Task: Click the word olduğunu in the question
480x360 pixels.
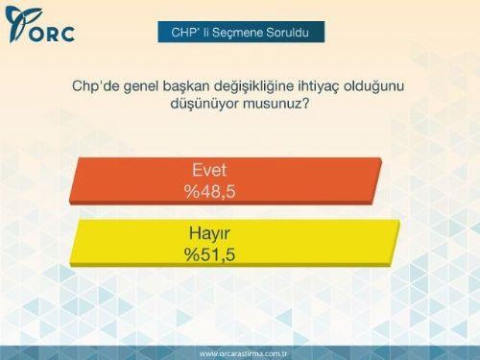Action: [394, 85]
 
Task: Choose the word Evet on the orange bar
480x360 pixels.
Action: [209, 173]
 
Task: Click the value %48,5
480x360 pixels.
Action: [210, 192]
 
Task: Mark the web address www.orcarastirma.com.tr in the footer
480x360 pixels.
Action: [244, 352]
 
